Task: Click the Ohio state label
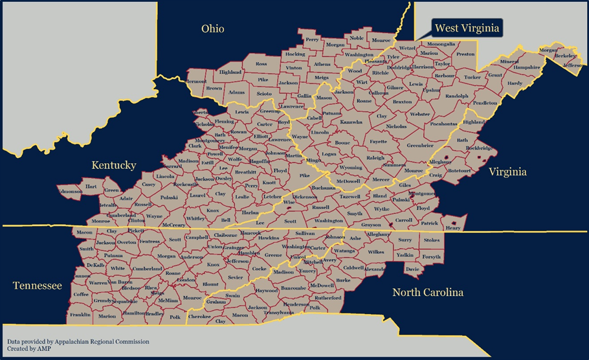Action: pos(212,28)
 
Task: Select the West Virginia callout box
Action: pos(466,28)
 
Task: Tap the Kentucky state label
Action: pos(113,165)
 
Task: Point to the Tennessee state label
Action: pos(37,286)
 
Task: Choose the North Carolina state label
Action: pos(428,292)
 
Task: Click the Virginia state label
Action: pos(507,172)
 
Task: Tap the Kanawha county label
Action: pos(351,122)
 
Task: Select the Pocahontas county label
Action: pos(444,123)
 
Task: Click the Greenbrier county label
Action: pos(420,145)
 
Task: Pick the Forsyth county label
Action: pos(432,256)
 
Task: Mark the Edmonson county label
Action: pos(70,191)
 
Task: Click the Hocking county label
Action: pos(294,54)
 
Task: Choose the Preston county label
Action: pos(465,54)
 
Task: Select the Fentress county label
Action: pos(150,241)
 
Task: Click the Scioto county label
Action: pos(264,94)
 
